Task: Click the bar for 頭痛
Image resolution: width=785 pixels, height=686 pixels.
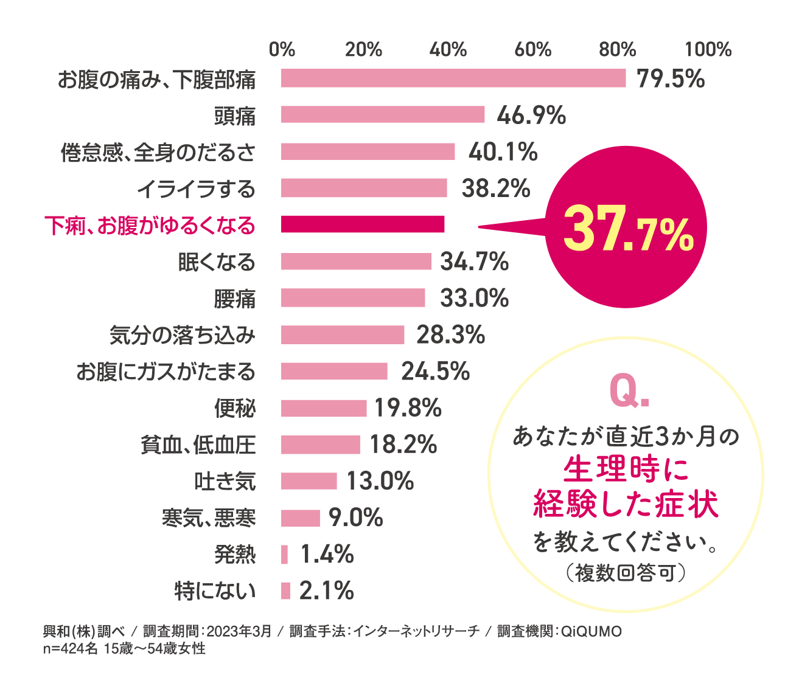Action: [383, 115]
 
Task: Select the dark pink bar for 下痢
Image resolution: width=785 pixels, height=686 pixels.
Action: [363, 224]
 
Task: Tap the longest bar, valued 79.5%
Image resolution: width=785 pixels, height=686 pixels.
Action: [453, 78]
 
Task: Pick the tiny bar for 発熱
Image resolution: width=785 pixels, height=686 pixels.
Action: [284, 555]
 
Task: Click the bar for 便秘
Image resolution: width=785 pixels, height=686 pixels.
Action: [324, 408]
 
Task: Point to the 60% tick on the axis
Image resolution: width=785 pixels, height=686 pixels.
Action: [533, 49]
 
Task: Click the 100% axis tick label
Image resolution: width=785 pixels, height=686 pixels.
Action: [708, 49]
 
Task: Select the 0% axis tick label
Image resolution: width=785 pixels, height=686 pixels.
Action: [282, 49]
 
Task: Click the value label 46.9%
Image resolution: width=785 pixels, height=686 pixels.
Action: [531, 115]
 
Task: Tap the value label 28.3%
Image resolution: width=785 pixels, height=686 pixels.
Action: [450, 334]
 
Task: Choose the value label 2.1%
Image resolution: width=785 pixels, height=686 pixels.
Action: [326, 591]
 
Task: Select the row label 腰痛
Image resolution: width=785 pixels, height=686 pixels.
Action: [235, 299]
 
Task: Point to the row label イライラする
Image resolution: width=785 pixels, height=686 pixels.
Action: [196, 189]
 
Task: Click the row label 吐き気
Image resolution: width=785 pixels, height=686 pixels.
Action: [225, 482]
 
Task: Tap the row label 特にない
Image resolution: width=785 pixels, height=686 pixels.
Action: [215, 591]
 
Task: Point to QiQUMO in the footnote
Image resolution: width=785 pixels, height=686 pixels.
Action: [590, 631]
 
